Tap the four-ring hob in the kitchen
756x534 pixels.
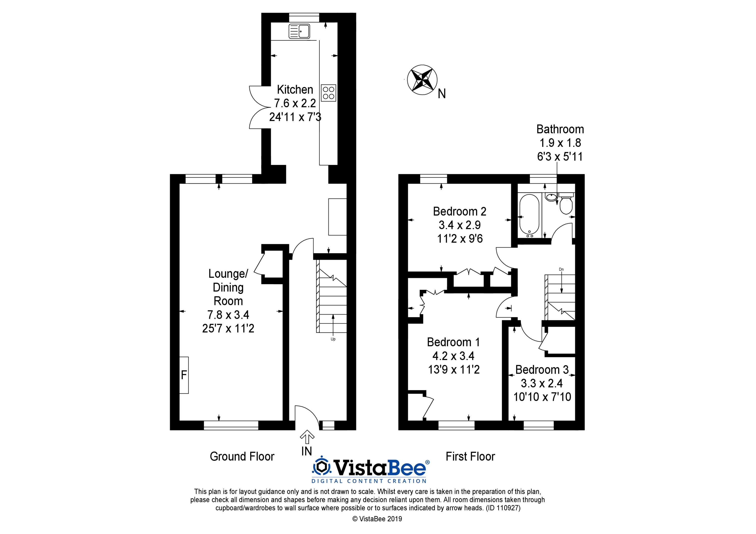pyautogui.click(x=329, y=93)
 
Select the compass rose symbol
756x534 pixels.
pyautogui.click(x=422, y=80)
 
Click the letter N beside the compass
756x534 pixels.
pyautogui.click(x=442, y=94)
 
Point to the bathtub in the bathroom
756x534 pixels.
pyautogui.click(x=529, y=216)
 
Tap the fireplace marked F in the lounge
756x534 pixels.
pyautogui.click(x=184, y=375)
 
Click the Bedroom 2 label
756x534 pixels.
pyautogui.click(x=459, y=211)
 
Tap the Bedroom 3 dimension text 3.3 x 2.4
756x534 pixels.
pyautogui.click(x=542, y=383)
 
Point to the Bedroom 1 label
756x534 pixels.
pyautogui.click(x=453, y=342)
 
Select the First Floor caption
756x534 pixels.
pyautogui.click(x=470, y=456)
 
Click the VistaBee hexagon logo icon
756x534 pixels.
pyautogui.click(x=322, y=467)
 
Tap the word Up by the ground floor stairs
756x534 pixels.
pyautogui.click(x=333, y=339)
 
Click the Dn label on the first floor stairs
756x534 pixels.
pyautogui.click(x=561, y=269)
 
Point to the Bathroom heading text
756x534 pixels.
pyautogui.click(x=560, y=129)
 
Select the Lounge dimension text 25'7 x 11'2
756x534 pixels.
pyautogui.click(x=228, y=328)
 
